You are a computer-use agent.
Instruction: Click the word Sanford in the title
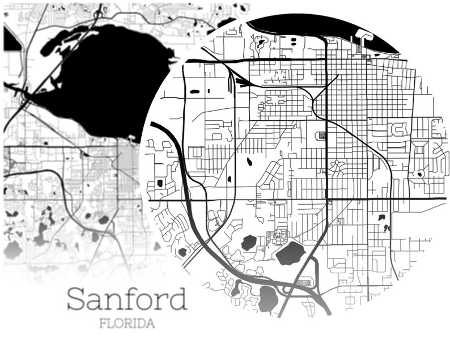126,299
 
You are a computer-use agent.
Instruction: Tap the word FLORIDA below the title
127,324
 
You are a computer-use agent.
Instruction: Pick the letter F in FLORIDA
103,324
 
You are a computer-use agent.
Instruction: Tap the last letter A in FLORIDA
151,324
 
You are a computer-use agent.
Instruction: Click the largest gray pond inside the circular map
291,253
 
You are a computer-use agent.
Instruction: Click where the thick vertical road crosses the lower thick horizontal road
327,199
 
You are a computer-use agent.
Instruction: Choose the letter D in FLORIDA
142,324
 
